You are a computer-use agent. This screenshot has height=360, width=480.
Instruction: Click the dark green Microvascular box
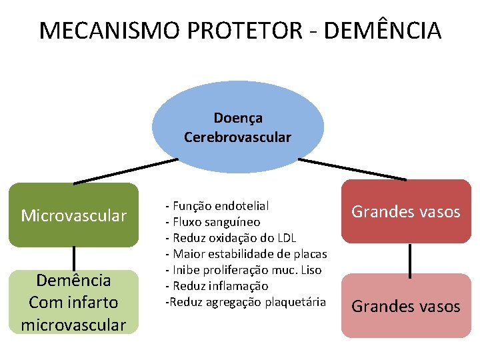[x=73, y=215]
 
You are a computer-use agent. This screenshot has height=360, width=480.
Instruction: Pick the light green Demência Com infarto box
[x=73, y=301]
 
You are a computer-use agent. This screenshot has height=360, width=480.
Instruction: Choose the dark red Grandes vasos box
[x=406, y=212]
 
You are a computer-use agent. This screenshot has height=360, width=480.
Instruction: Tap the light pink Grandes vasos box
[x=406, y=306]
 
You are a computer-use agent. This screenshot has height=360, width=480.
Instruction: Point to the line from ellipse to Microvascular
[x=126, y=170]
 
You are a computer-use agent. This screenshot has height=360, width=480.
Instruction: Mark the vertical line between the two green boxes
[x=73, y=259]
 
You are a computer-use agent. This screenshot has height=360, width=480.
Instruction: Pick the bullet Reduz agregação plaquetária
[x=245, y=302]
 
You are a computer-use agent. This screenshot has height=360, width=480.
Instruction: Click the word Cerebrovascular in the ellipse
[x=238, y=137]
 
